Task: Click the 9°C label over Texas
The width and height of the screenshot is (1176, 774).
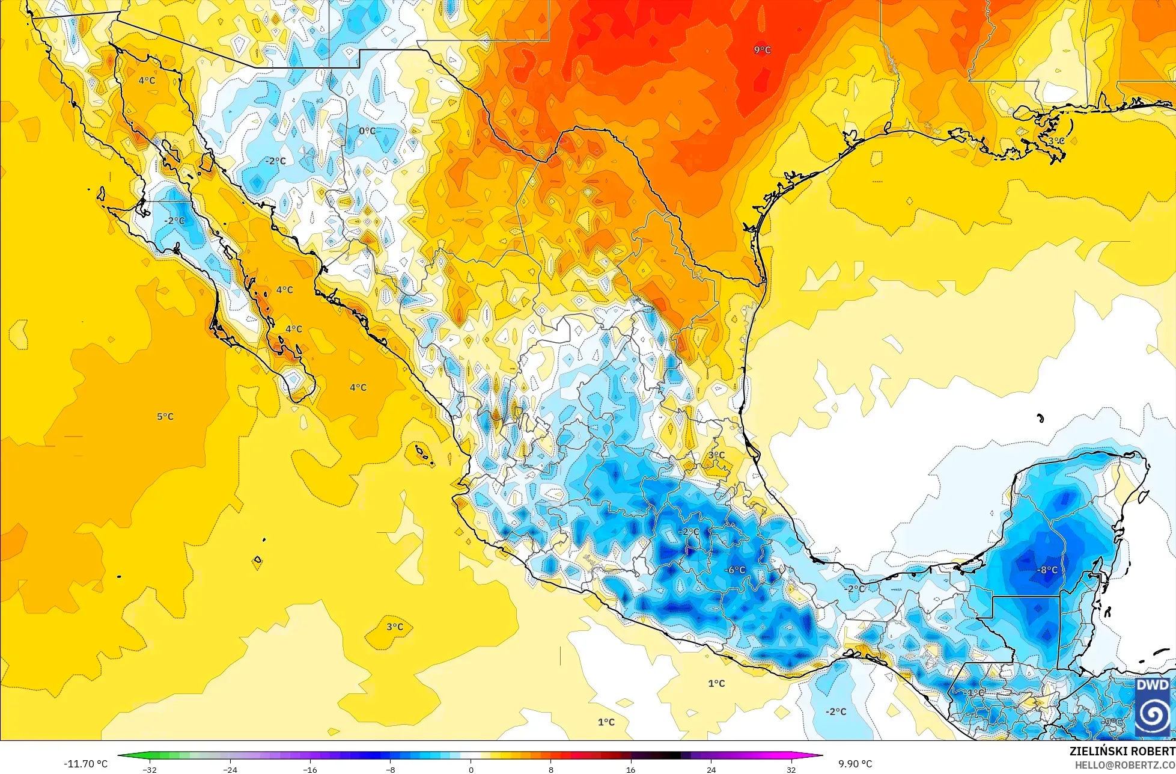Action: (x=762, y=50)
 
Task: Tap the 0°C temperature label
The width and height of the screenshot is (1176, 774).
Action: (x=367, y=131)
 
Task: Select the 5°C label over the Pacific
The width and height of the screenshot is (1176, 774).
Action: (x=165, y=417)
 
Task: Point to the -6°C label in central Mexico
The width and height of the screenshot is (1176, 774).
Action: (x=734, y=570)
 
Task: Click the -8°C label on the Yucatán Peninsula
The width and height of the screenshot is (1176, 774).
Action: (x=1047, y=570)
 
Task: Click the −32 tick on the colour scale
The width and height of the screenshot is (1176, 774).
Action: (x=149, y=770)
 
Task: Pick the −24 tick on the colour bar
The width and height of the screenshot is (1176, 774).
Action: (x=230, y=770)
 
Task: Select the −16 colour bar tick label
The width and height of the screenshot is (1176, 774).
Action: (x=309, y=770)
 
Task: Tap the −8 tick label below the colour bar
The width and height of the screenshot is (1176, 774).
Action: (x=390, y=770)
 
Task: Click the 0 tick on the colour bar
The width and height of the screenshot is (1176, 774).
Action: (x=471, y=770)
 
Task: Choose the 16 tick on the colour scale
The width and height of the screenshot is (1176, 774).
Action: (x=630, y=770)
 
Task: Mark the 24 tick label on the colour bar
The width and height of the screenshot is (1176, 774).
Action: (x=711, y=770)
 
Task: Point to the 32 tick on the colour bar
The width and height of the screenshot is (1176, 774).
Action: (x=791, y=770)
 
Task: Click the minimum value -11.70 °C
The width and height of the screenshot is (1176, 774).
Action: (x=86, y=764)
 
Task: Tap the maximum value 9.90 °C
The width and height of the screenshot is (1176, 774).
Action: (x=855, y=764)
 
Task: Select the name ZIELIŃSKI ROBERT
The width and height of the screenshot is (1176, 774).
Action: (x=1122, y=752)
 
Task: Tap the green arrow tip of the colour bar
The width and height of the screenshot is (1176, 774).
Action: (x=120, y=756)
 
